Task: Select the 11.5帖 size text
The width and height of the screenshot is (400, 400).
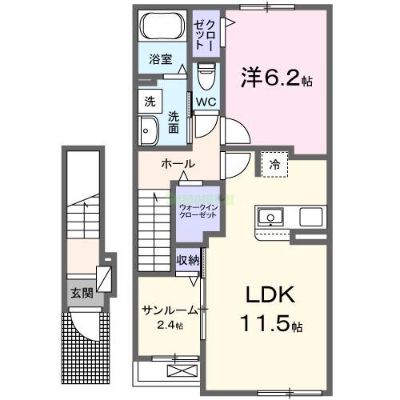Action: pos(270,326)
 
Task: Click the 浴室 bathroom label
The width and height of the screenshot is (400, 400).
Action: pos(160,58)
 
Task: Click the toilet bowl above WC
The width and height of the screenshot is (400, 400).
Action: pos(206,78)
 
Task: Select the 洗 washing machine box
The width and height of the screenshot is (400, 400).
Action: pos(150,102)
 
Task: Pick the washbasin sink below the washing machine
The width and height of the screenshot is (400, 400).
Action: pos(149,130)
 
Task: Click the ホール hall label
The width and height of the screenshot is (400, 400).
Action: pos(178,164)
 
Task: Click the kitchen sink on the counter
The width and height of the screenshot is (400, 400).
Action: pos(269,216)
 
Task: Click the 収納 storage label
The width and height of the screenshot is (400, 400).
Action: pos(189,261)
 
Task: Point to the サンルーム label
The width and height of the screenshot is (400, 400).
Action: pos(170,310)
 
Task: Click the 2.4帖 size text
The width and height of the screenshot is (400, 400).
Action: pos(170,326)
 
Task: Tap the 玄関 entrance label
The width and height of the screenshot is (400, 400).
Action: pos(82,293)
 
